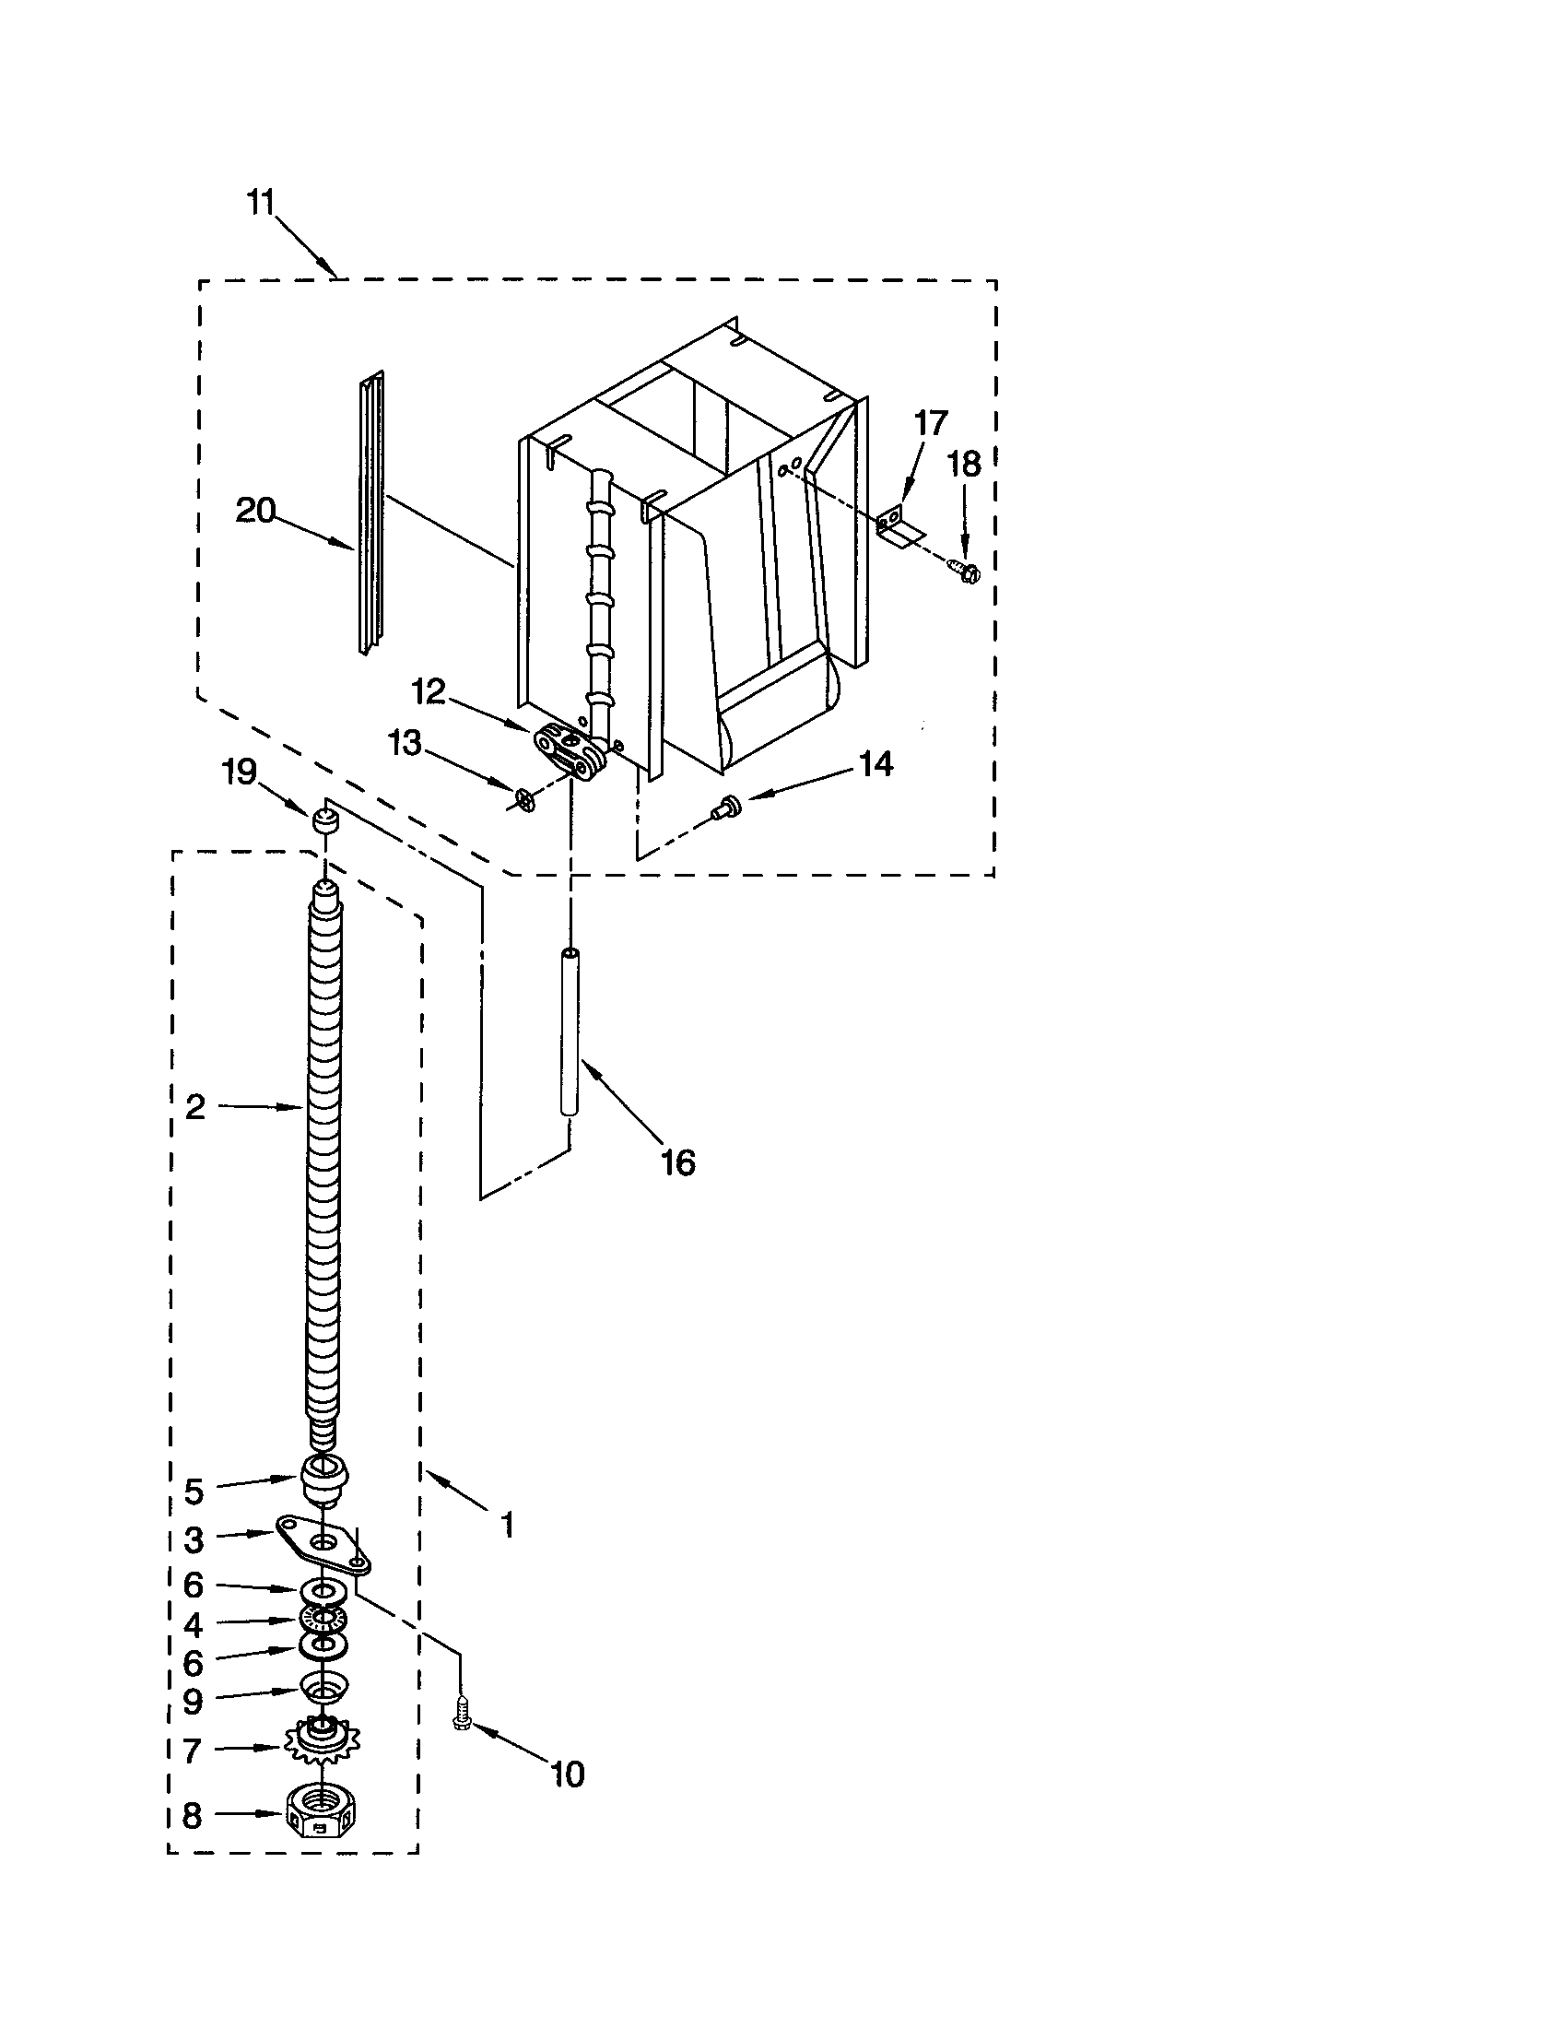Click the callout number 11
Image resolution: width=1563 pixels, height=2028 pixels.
pos(261,202)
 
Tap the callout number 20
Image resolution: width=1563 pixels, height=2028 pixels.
pos(256,510)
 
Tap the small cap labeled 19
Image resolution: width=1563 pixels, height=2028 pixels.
pos(323,820)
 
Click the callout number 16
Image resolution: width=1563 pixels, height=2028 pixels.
pos(678,1161)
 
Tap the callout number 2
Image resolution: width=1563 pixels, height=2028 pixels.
pos(194,1107)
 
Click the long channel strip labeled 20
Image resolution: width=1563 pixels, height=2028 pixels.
pos(371,515)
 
